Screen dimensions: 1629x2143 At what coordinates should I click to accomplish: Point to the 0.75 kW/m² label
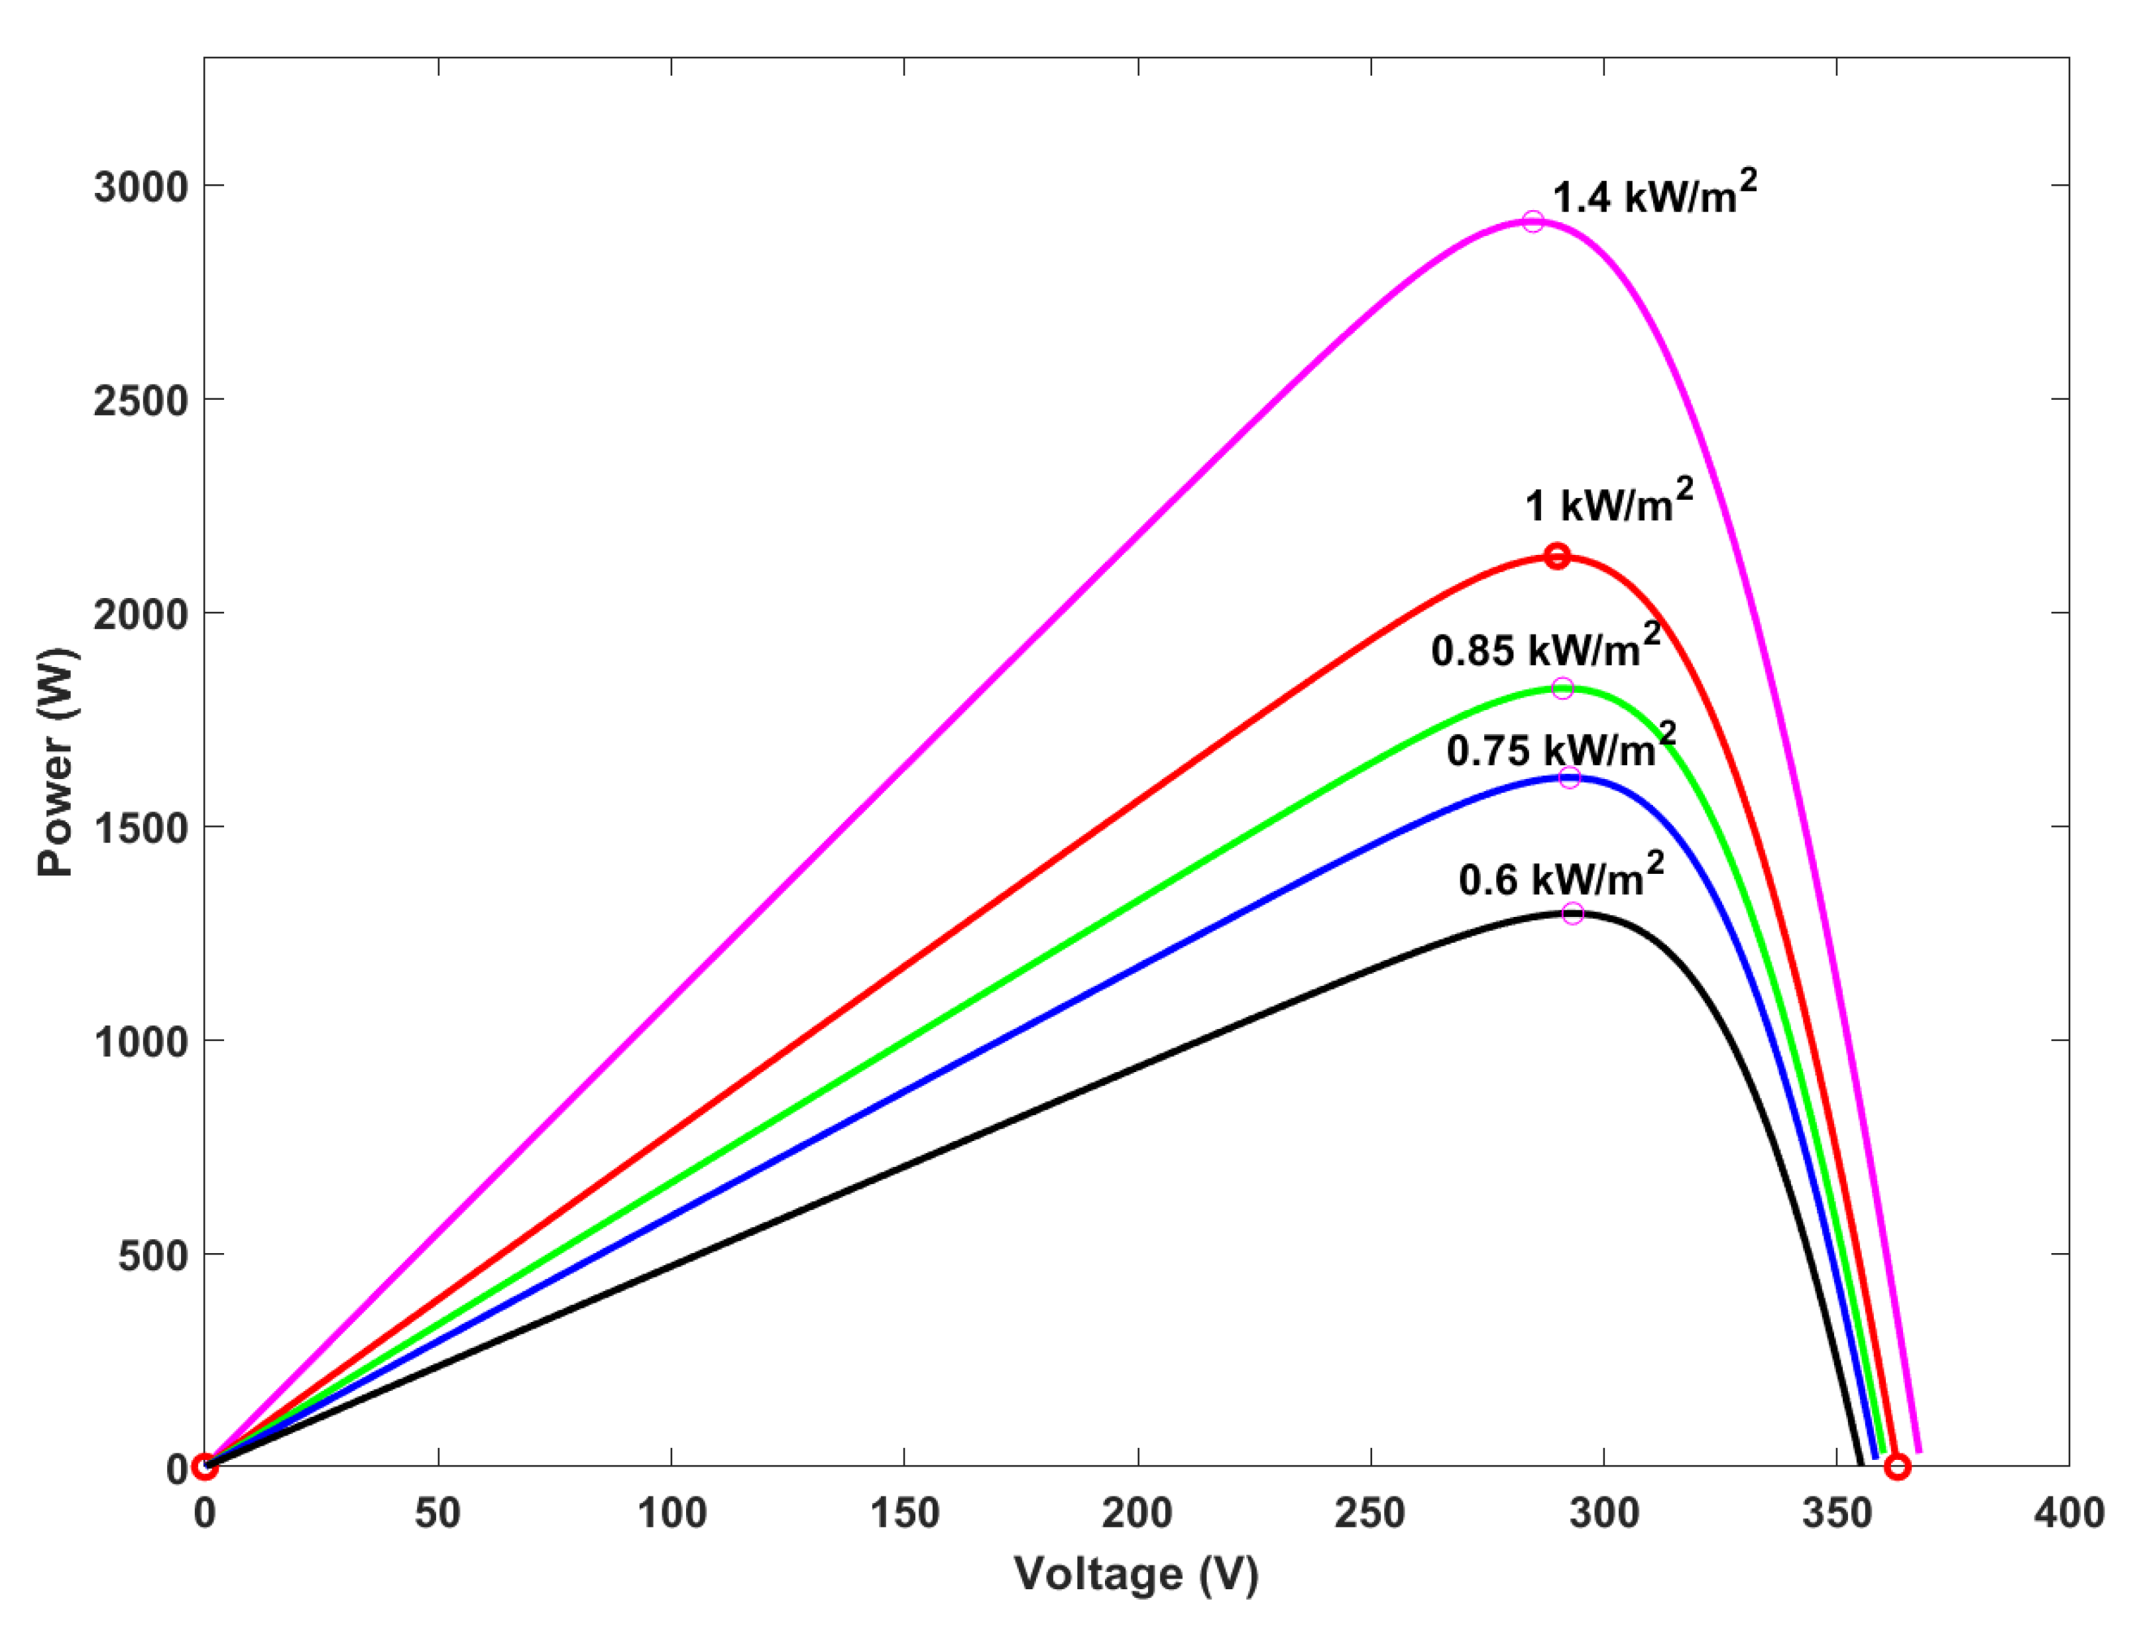[x=1560, y=748]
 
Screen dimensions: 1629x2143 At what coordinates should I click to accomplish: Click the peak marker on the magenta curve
[x=1533, y=222]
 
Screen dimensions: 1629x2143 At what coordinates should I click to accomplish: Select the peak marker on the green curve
[x=1562, y=688]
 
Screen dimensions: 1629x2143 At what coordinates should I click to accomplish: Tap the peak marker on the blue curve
[x=1569, y=778]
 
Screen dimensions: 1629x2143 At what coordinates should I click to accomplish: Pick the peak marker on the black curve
[x=1573, y=914]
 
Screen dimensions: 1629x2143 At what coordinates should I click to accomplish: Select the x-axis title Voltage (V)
[x=1136, y=1576]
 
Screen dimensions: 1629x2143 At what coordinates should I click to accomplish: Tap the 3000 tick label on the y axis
[x=141, y=187]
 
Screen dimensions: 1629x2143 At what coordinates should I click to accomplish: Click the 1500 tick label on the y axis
[x=141, y=828]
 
